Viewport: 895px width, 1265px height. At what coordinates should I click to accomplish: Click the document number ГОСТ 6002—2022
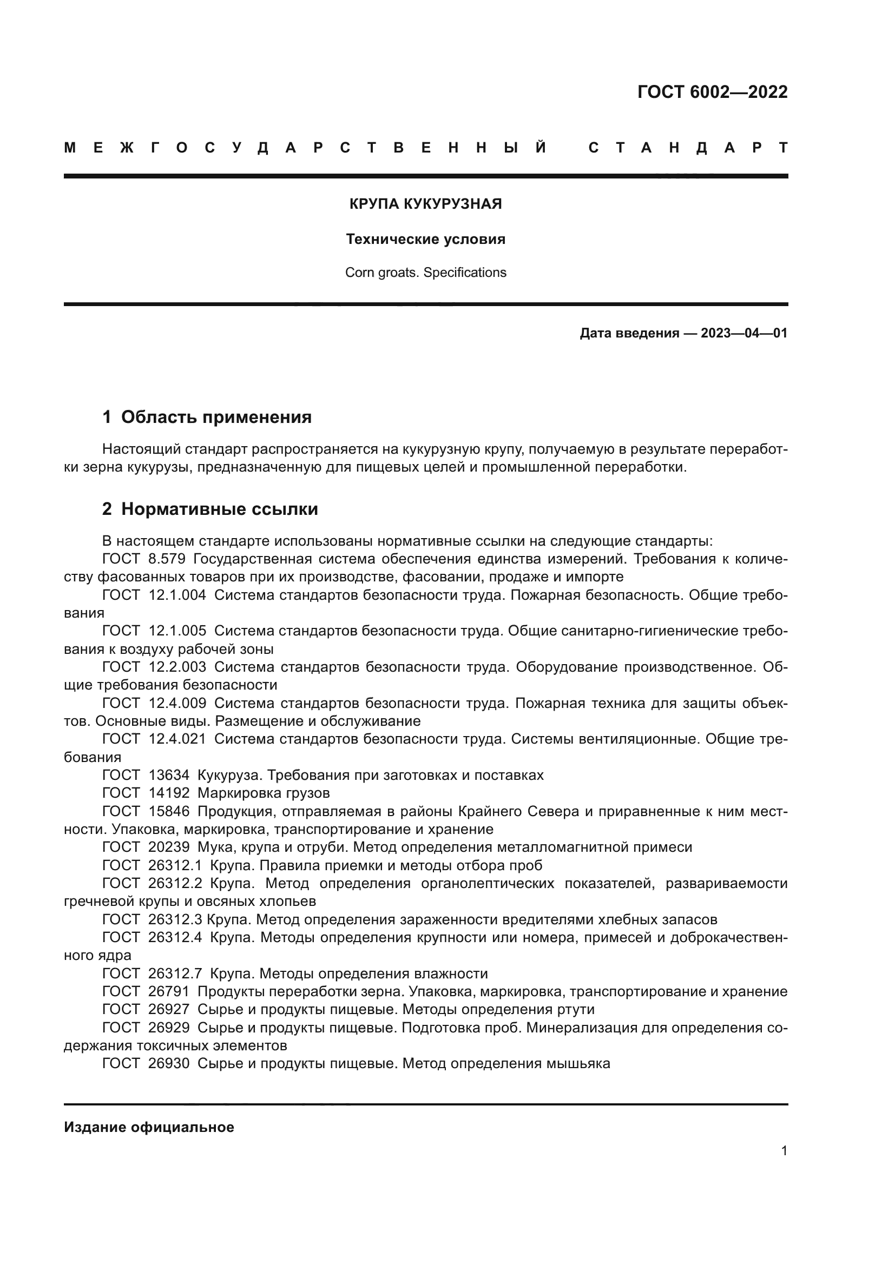(x=712, y=92)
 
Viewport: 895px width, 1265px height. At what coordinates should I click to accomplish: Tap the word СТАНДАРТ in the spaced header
(x=688, y=148)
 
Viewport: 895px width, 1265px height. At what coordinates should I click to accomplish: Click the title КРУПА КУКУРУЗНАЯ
(x=425, y=204)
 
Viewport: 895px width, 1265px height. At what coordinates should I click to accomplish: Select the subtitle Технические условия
(x=425, y=239)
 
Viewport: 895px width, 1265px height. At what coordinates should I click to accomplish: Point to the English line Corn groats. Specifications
(x=425, y=273)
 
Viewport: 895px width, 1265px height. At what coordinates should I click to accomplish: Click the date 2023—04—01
(x=744, y=333)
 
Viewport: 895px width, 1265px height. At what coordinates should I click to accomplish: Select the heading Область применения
(x=216, y=417)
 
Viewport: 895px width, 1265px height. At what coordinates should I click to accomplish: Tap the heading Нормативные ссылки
(x=219, y=509)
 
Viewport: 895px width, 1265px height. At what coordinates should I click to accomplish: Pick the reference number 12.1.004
(x=177, y=595)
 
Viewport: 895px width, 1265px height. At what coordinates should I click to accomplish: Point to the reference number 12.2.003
(x=177, y=667)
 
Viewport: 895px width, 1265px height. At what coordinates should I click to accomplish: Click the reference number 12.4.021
(x=177, y=739)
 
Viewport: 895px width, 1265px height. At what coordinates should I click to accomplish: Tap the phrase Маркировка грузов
(x=264, y=793)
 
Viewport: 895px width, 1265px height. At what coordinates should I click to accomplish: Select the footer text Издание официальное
(x=149, y=1127)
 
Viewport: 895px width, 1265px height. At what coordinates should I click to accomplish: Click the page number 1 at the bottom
(x=784, y=1151)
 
